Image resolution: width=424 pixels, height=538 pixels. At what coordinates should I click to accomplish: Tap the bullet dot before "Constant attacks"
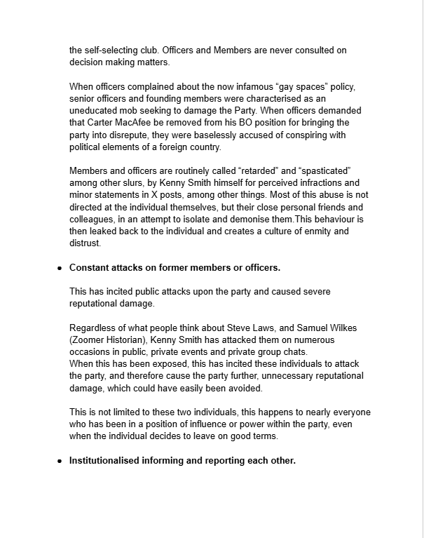click(x=60, y=268)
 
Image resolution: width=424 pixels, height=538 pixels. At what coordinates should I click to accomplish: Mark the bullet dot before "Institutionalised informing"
click(x=60, y=462)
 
